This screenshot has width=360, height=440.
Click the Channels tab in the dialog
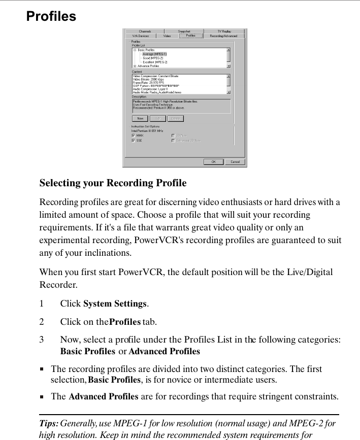[145, 31]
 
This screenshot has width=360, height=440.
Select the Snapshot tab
[184, 31]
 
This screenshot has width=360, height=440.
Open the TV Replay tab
[224, 31]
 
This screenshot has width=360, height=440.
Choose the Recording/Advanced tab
[223, 36]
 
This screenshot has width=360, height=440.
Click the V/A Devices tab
[141, 36]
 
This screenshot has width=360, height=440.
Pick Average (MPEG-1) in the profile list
[154, 54]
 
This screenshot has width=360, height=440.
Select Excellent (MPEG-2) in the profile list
[155, 62]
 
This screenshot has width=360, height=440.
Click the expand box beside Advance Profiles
[135, 66]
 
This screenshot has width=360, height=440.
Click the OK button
[213, 162]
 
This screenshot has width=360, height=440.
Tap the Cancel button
[235, 162]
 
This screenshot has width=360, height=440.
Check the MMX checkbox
[133, 136]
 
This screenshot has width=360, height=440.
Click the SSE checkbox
[133, 141]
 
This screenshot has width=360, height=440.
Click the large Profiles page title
[51, 17]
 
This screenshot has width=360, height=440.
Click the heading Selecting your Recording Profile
[113, 183]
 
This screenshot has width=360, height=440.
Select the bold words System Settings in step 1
[115, 304]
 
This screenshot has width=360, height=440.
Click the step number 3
[42, 339]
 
